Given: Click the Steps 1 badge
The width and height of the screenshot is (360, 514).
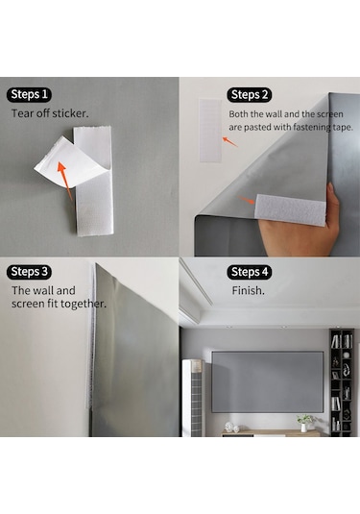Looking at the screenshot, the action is (29, 95).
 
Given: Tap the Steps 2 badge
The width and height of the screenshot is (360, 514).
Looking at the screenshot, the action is (250, 95).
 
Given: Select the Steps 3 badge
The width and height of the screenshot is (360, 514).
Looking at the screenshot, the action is (29, 272).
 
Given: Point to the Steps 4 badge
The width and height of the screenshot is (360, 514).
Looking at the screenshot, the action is (250, 272).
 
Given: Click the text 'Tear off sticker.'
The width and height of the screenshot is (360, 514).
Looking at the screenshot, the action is (50, 113).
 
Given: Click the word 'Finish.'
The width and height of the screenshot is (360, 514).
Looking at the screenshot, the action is (248, 290).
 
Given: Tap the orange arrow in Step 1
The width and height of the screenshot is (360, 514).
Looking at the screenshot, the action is (65, 181).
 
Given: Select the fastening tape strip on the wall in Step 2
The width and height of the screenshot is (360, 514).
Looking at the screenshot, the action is (210, 131).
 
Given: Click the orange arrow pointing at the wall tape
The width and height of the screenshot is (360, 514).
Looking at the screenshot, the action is (230, 142).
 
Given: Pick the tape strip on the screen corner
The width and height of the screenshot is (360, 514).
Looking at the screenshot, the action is (291, 209).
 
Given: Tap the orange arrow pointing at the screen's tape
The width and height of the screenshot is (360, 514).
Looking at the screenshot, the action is (246, 200).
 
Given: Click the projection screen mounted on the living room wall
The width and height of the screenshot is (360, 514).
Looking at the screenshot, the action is (267, 381).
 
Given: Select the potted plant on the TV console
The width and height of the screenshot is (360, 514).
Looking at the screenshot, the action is (304, 423).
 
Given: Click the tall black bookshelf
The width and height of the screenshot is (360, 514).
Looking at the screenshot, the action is (342, 382).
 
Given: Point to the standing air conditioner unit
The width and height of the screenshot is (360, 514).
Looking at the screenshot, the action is (193, 398).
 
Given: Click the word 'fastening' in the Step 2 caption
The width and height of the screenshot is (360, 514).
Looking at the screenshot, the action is (312, 127).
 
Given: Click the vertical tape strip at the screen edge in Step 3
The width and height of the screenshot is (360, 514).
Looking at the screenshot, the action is (91, 336).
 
